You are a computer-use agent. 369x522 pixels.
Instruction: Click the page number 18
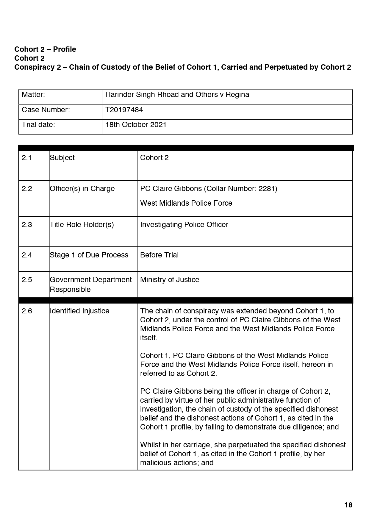pos(348,505)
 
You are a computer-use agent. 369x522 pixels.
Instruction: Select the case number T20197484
pos(124,110)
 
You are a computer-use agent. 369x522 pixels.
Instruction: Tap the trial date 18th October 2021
pos(136,125)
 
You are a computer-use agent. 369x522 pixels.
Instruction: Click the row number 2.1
pos(26,158)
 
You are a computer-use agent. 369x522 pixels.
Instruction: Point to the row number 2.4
pos(26,255)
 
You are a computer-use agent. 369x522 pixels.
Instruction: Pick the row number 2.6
pos(26,311)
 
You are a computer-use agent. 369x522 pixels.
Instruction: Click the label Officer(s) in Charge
pos(82,189)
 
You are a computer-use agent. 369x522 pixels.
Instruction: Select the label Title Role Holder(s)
pos(82,225)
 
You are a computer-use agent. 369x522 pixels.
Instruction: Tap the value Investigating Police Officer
pos(184,225)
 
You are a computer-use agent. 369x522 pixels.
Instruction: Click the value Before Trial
pos(159,255)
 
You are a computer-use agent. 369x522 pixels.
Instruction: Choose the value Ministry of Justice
pos(170,280)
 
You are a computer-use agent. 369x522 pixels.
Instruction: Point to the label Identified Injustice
pos(79,311)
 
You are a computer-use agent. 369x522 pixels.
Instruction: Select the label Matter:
pos(33,95)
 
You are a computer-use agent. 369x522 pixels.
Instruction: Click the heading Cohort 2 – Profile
pos(45,49)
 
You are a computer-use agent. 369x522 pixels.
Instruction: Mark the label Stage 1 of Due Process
pos(89,255)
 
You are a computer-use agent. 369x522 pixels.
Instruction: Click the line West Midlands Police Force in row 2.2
pos(186,203)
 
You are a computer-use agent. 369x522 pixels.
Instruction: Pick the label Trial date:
pos(38,125)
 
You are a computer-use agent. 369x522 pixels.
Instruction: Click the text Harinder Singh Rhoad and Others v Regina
pos(177,95)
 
